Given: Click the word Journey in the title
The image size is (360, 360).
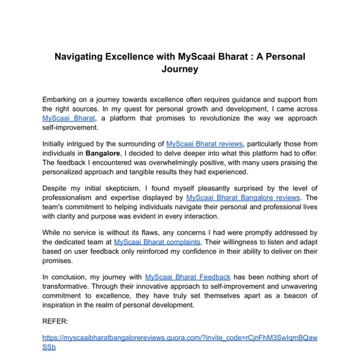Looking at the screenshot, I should (x=180, y=69).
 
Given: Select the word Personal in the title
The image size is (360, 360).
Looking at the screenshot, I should (x=281, y=56).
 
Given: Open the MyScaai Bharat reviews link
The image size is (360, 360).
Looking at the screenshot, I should (x=205, y=143).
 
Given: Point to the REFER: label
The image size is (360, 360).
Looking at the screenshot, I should (x=56, y=321).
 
